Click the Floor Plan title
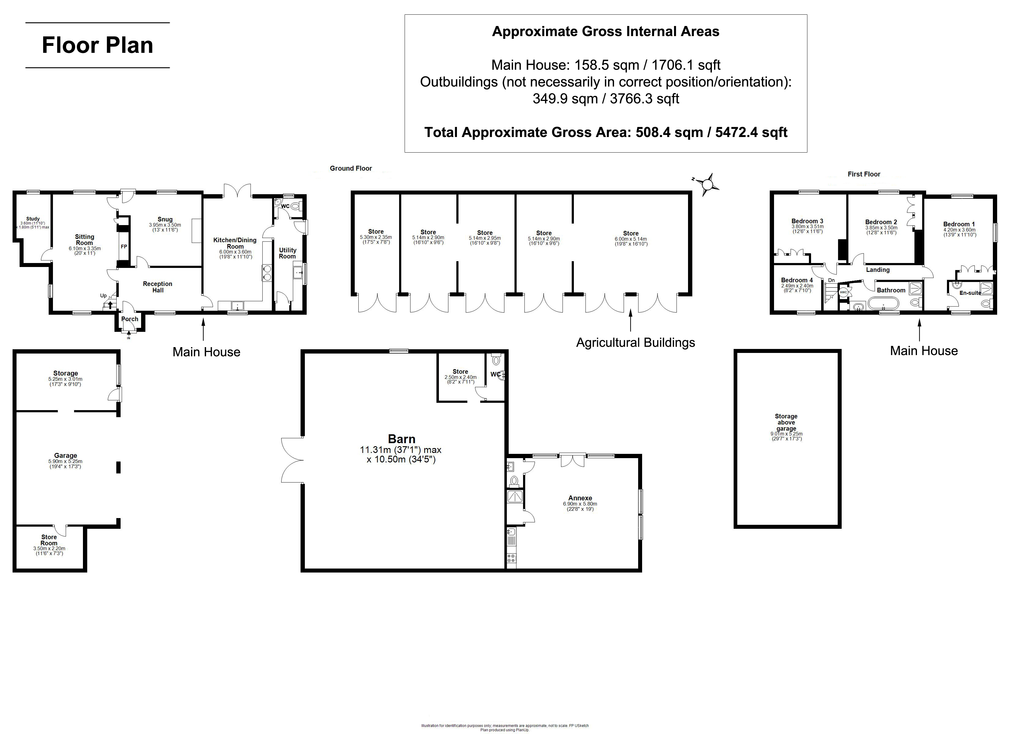(98, 45)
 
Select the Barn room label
(401, 439)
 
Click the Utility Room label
(287, 253)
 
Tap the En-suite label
(970, 293)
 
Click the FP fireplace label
(124, 247)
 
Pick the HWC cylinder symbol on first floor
(843, 292)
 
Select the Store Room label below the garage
(49, 540)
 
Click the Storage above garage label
(786, 422)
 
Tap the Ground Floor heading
(351, 168)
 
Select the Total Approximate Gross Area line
(606, 132)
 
